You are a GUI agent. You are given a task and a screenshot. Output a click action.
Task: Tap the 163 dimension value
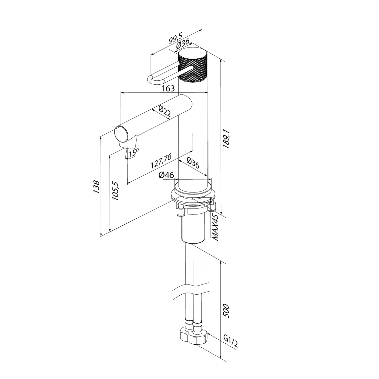(x=168, y=88)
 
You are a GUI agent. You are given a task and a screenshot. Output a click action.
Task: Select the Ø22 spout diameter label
(x=165, y=112)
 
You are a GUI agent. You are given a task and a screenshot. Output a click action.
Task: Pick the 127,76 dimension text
(x=161, y=161)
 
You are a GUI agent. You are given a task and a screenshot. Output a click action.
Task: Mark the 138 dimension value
(x=97, y=187)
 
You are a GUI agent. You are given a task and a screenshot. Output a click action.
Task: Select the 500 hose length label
(x=226, y=311)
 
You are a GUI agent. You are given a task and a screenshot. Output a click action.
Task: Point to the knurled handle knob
(x=193, y=66)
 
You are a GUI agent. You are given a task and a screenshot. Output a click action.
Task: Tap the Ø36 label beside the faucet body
(x=193, y=163)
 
